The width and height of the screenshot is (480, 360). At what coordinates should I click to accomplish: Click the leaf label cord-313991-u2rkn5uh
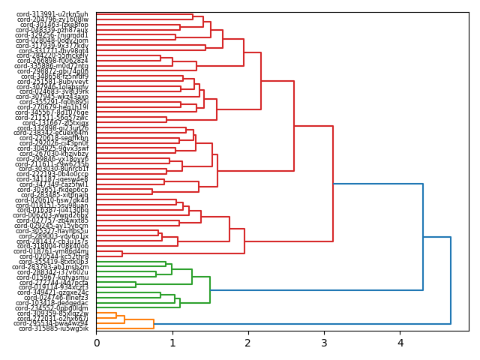(x=53, y=14)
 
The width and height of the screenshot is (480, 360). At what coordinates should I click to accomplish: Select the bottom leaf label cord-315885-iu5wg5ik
(x=53, y=328)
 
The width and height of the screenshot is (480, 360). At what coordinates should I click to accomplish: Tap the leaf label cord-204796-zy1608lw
(x=53, y=19)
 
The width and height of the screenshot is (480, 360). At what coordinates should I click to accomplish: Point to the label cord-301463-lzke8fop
(x=53, y=25)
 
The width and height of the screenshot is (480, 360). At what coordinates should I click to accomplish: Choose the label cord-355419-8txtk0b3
(x=53, y=262)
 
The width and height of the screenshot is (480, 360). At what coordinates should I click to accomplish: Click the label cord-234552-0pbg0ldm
(x=53, y=308)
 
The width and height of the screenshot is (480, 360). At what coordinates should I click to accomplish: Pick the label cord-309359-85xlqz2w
(x=53, y=313)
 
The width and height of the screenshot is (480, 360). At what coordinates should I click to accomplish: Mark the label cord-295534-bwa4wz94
(x=53, y=323)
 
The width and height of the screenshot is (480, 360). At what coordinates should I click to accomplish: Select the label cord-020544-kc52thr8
(x=53, y=256)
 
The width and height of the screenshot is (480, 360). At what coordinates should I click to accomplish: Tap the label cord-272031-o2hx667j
(x=53, y=319)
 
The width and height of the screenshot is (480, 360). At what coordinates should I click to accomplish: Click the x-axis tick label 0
(x=97, y=342)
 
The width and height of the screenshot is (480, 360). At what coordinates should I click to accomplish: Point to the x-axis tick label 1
(x=172, y=342)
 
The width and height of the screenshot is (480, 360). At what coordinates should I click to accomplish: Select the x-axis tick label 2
(x=248, y=342)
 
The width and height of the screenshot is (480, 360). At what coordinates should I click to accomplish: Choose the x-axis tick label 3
(x=324, y=342)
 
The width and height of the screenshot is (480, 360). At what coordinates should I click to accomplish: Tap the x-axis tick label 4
(x=400, y=342)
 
